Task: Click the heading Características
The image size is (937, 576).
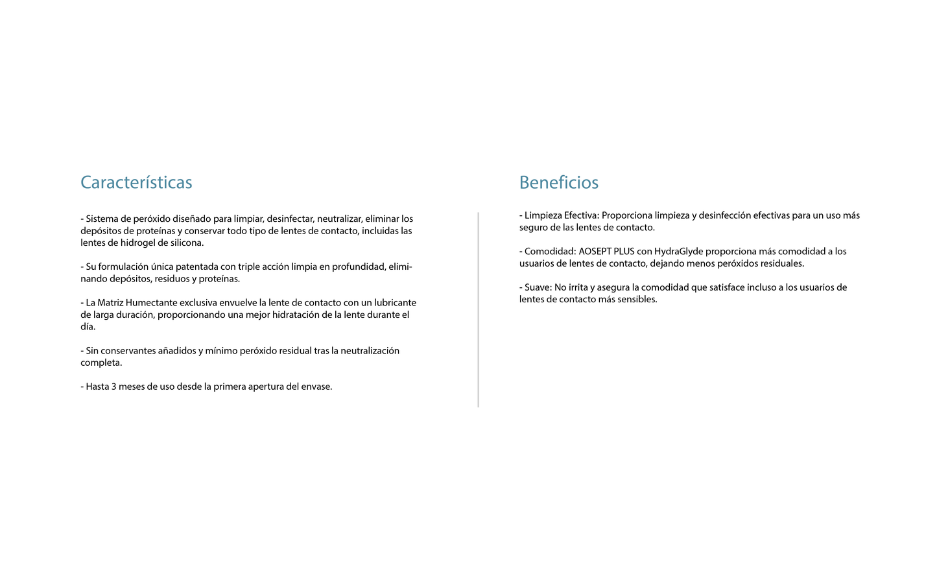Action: coord(136,182)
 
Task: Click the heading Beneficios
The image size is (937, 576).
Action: coord(558,182)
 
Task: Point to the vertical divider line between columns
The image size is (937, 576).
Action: coord(478,309)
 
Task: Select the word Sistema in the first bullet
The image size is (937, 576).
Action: coord(102,219)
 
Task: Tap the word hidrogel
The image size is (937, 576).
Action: coord(137,243)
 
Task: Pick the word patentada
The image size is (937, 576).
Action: coord(196,267)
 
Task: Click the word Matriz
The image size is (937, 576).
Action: coord(110,303)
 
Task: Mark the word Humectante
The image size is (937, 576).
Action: coord(151,303)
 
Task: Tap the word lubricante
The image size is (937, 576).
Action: coord(395,303)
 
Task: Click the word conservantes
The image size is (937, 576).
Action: coord(128,351)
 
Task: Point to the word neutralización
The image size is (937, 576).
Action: coord(370,351)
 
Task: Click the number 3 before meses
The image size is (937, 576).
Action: coord(114,387)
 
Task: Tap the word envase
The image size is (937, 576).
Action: coord(316,387)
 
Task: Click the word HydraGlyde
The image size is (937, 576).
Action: coord(678,252)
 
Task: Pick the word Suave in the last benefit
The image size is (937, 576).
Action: coord(537,287)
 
